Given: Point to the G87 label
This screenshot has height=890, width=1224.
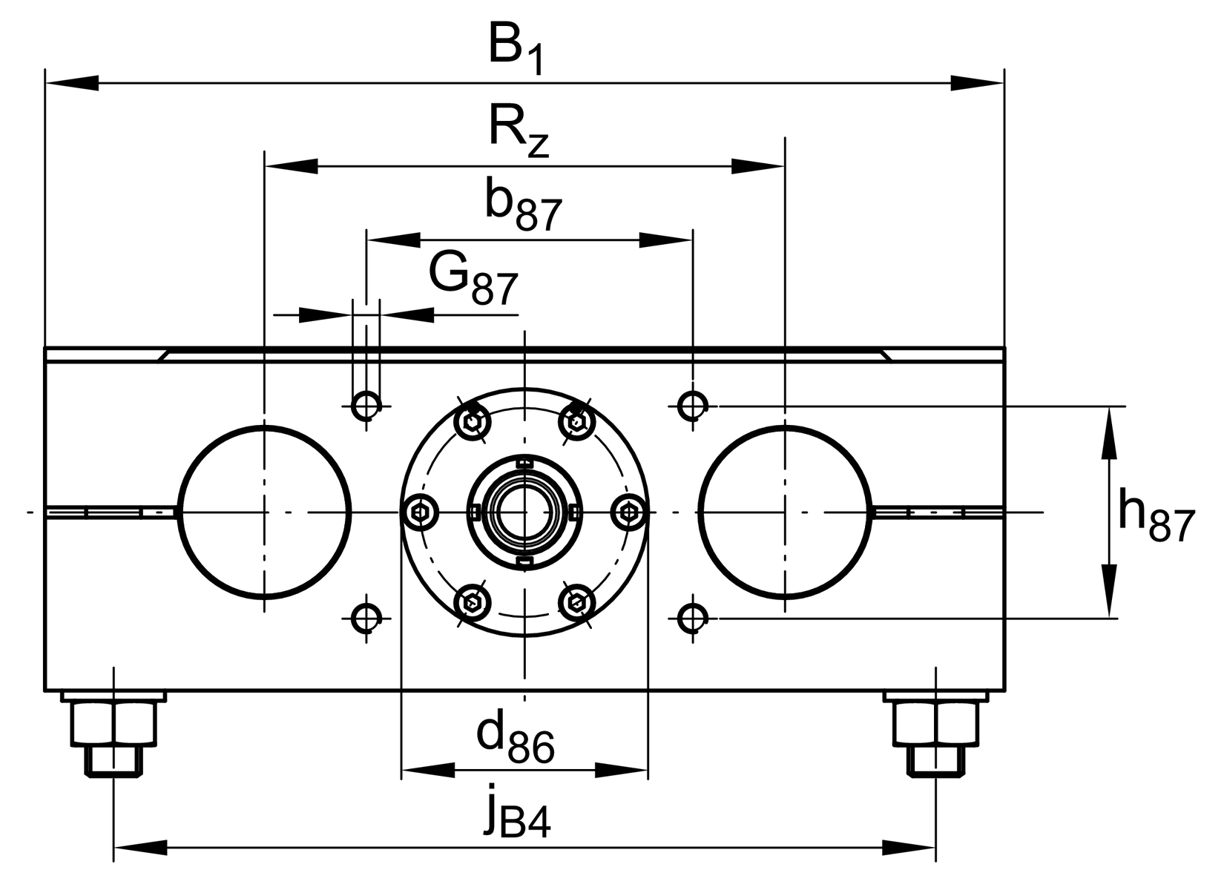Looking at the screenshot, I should pyautogui.click(x=473, y=280).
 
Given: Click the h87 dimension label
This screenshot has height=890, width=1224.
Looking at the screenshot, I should pyautogui.click(x=1155, y=516).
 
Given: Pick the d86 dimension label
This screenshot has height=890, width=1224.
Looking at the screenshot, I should pyautogui.click(x=515, y=737).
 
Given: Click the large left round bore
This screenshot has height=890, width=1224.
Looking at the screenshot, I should pyautogui.click(x=264, y=512).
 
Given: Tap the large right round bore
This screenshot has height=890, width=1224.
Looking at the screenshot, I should pyautogui.click(x=784, y=512).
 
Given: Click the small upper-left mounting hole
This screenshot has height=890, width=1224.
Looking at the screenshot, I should pyautogui.click(x=366, y=405).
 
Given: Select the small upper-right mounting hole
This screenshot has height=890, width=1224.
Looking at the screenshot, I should pyautogui.click(x=692, y=405).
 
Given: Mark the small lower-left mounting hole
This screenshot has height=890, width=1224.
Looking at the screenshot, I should pyautogui.click(x=365, y=616).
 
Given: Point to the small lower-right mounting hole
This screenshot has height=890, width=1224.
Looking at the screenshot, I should pyautogui.click(x=692, y=616).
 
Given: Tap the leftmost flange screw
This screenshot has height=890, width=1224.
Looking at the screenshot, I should pyautogui.click(x=420, y=512).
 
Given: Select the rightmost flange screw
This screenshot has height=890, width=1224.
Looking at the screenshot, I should pyautogui.click(x=629, y=512).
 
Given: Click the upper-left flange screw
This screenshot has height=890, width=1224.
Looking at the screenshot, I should pyautogui.click(x=472, y=422).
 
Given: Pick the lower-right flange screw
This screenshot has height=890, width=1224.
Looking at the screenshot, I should pyautogui.click(x=576, y=602).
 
